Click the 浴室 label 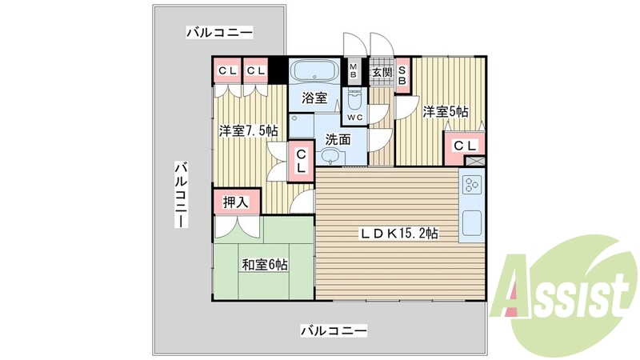314,98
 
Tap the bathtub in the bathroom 314,70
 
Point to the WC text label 355,118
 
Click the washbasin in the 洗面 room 330,156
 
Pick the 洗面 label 338,138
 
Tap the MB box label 353,70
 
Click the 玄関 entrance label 381,73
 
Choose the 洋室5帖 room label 446,111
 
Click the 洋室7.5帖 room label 249,130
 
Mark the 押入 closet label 235,202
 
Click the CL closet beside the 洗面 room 301,161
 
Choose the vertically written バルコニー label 182,194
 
